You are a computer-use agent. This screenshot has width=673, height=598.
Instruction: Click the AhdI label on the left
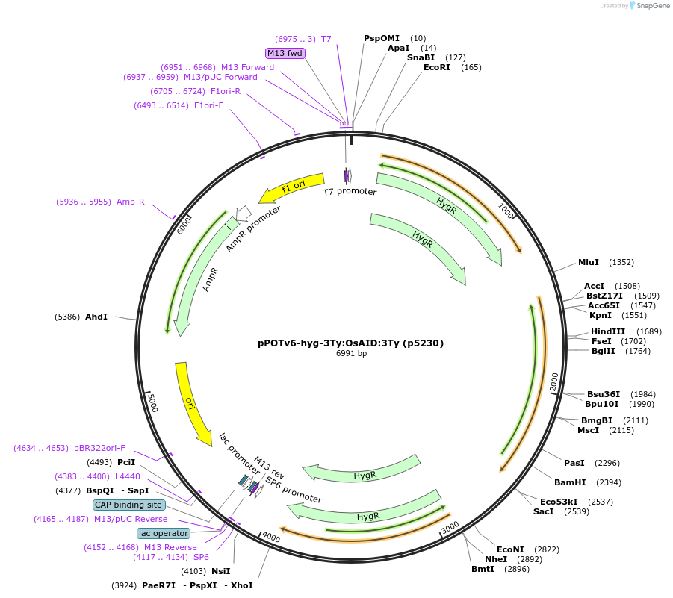coord(96,317)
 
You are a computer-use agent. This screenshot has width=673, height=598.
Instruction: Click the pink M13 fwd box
coord(285,53)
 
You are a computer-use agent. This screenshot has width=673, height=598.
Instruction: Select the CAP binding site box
coord(129,505)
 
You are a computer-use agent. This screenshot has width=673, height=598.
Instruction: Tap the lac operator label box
coord(164,533)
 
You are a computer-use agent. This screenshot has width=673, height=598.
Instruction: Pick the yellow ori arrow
coord(192,403)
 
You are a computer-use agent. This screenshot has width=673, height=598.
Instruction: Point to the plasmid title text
coord(350,343)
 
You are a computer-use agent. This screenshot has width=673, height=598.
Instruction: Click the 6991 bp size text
coord(351,354)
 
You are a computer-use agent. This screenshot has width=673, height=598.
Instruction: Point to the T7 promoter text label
coord(350,192)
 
